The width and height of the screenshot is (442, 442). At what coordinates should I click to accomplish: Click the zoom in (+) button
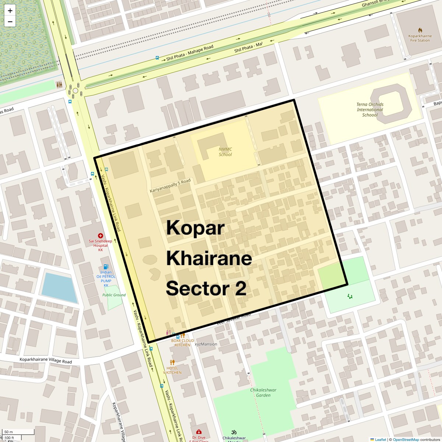pyautogui.click(x=10, y=11)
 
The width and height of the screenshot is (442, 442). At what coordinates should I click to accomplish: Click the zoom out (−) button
pyautogui.click(x=10, y=22)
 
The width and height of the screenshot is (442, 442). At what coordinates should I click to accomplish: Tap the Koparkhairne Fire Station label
pyautogui.click(x=420, y=38)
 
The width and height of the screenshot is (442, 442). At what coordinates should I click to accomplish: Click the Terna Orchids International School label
pyautogui.click(x=370, y=109)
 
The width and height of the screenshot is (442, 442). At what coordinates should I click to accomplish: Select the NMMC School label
pyautogui.click(x=225, y=152)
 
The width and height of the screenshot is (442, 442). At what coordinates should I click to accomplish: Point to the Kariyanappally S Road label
pyautogui.click(x=170, y=186)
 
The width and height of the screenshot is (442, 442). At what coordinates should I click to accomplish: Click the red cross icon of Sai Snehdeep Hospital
pyautogui.click(x=100, y=235)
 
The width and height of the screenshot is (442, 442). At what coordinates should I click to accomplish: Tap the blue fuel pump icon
pyautogui.click(x=106, y=267)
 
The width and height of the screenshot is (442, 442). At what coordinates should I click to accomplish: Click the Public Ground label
pyautogui.click(x=114, y=295)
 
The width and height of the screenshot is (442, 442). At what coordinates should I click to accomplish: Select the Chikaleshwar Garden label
pyautogui.click(x=263, y=393)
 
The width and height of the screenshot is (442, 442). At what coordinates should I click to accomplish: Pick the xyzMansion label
pyautogui.click(x=206, y=344)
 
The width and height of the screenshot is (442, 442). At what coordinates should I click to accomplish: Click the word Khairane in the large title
pyautogui.click(x=209, y=258)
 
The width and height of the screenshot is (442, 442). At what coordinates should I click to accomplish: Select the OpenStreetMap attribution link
pyautogui.click(x=406, y=439)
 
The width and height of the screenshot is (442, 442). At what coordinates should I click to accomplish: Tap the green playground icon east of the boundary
pyautogui.click(x=350, y=296)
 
